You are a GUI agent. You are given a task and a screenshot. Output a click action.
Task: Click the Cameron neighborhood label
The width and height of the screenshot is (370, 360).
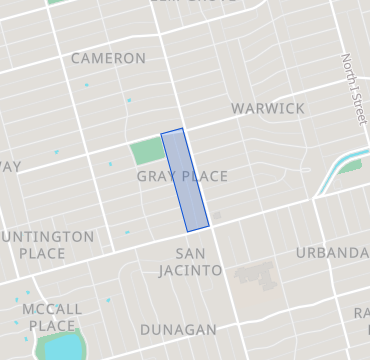[108, 58]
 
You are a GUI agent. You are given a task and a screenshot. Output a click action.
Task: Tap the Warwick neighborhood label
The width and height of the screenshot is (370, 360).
[267, 108]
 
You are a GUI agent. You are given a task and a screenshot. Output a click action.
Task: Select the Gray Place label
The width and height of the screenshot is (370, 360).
[182, 177]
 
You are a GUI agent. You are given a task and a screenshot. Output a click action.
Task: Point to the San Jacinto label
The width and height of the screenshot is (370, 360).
[190, 261]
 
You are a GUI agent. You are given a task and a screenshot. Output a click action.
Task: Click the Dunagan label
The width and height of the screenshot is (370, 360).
[178, 329]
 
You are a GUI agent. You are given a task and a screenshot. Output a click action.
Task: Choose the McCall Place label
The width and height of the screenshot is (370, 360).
[50, 317]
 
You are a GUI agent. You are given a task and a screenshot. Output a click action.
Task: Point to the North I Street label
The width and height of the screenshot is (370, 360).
[352, 89]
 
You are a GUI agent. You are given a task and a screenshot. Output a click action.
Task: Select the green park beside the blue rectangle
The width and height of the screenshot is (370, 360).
[147, 151]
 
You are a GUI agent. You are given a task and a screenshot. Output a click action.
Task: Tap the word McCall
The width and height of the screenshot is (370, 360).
[50, 308]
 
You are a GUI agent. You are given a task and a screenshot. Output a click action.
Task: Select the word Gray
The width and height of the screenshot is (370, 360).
[156, 177]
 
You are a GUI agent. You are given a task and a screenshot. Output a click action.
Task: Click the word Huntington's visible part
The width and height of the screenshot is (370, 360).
[49, 237]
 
